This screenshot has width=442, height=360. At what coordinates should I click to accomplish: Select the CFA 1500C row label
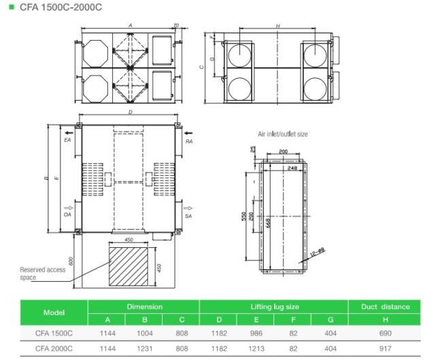click(x=54, y=334)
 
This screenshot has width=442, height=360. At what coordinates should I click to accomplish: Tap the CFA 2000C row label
click(x=54, y=348)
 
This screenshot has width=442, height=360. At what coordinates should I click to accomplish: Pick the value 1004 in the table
click(x=143, y=334)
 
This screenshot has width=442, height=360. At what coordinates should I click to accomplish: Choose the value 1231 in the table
click(x=143, y=348)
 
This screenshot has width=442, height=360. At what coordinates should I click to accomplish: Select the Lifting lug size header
click(x=273, y=306)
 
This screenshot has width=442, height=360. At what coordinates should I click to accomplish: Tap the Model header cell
click(x=54, y=313)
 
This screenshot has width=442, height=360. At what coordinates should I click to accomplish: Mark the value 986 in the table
click(x=255, y=334)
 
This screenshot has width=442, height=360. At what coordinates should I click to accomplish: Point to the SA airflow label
click(x=189, y=215)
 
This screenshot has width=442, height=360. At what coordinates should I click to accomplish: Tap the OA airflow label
click(x=67, y=215)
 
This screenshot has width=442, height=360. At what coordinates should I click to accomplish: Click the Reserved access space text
click(x=42, y=273)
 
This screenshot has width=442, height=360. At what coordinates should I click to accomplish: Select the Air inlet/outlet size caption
click(x=282, y=134)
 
